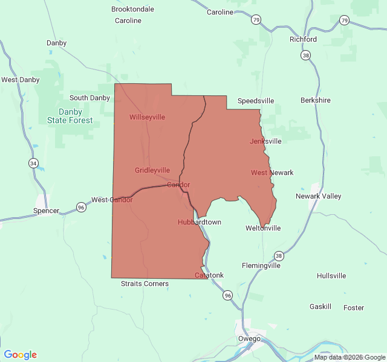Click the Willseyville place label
(x=147, y=117)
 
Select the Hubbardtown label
(x=200, y=222)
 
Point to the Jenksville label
(x=265, y=141)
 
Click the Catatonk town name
(x=209, y=275)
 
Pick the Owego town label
(x=249, y=338)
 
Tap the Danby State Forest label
(x=70, y=116)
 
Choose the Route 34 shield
(x=34, y=164)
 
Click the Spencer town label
(x=47, y=211)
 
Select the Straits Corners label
(x=145, y=284)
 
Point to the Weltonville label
(x=263, y=228)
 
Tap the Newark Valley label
(x=318, y=196)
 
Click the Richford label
(x=303, y=39)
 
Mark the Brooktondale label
(x=133, y=9)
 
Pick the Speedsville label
(x=256, y=101)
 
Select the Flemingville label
(x=261, y=265)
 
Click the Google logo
(x=20, y=355)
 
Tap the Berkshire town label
(x=316, y=100)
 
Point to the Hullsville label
(x=331, y=276)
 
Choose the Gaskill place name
(x=320, y=306)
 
